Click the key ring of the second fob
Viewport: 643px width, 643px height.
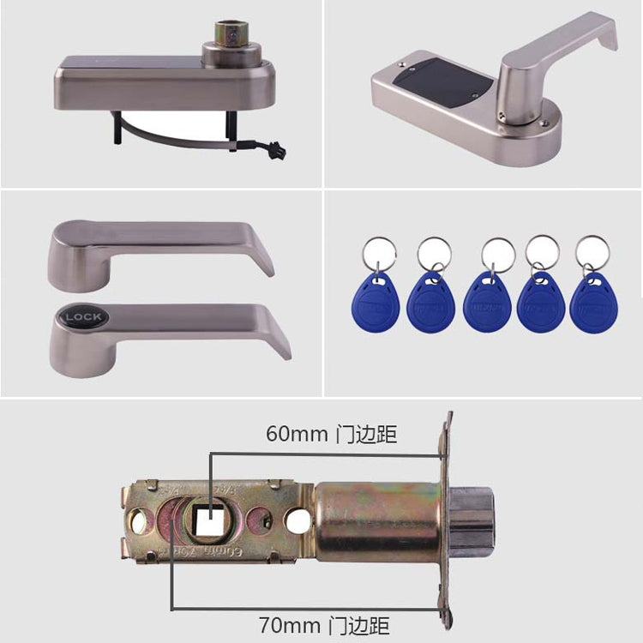click(x=434, y=253)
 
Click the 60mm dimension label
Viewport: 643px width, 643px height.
click(x=331, y=434)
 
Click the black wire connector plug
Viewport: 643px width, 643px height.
click(x=275, y=153)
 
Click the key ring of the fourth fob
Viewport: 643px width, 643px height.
click(x=542, y=252)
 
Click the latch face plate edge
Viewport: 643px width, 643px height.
click(x=445, y=514)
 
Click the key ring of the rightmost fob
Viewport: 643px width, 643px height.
click(x=592, y=251)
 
